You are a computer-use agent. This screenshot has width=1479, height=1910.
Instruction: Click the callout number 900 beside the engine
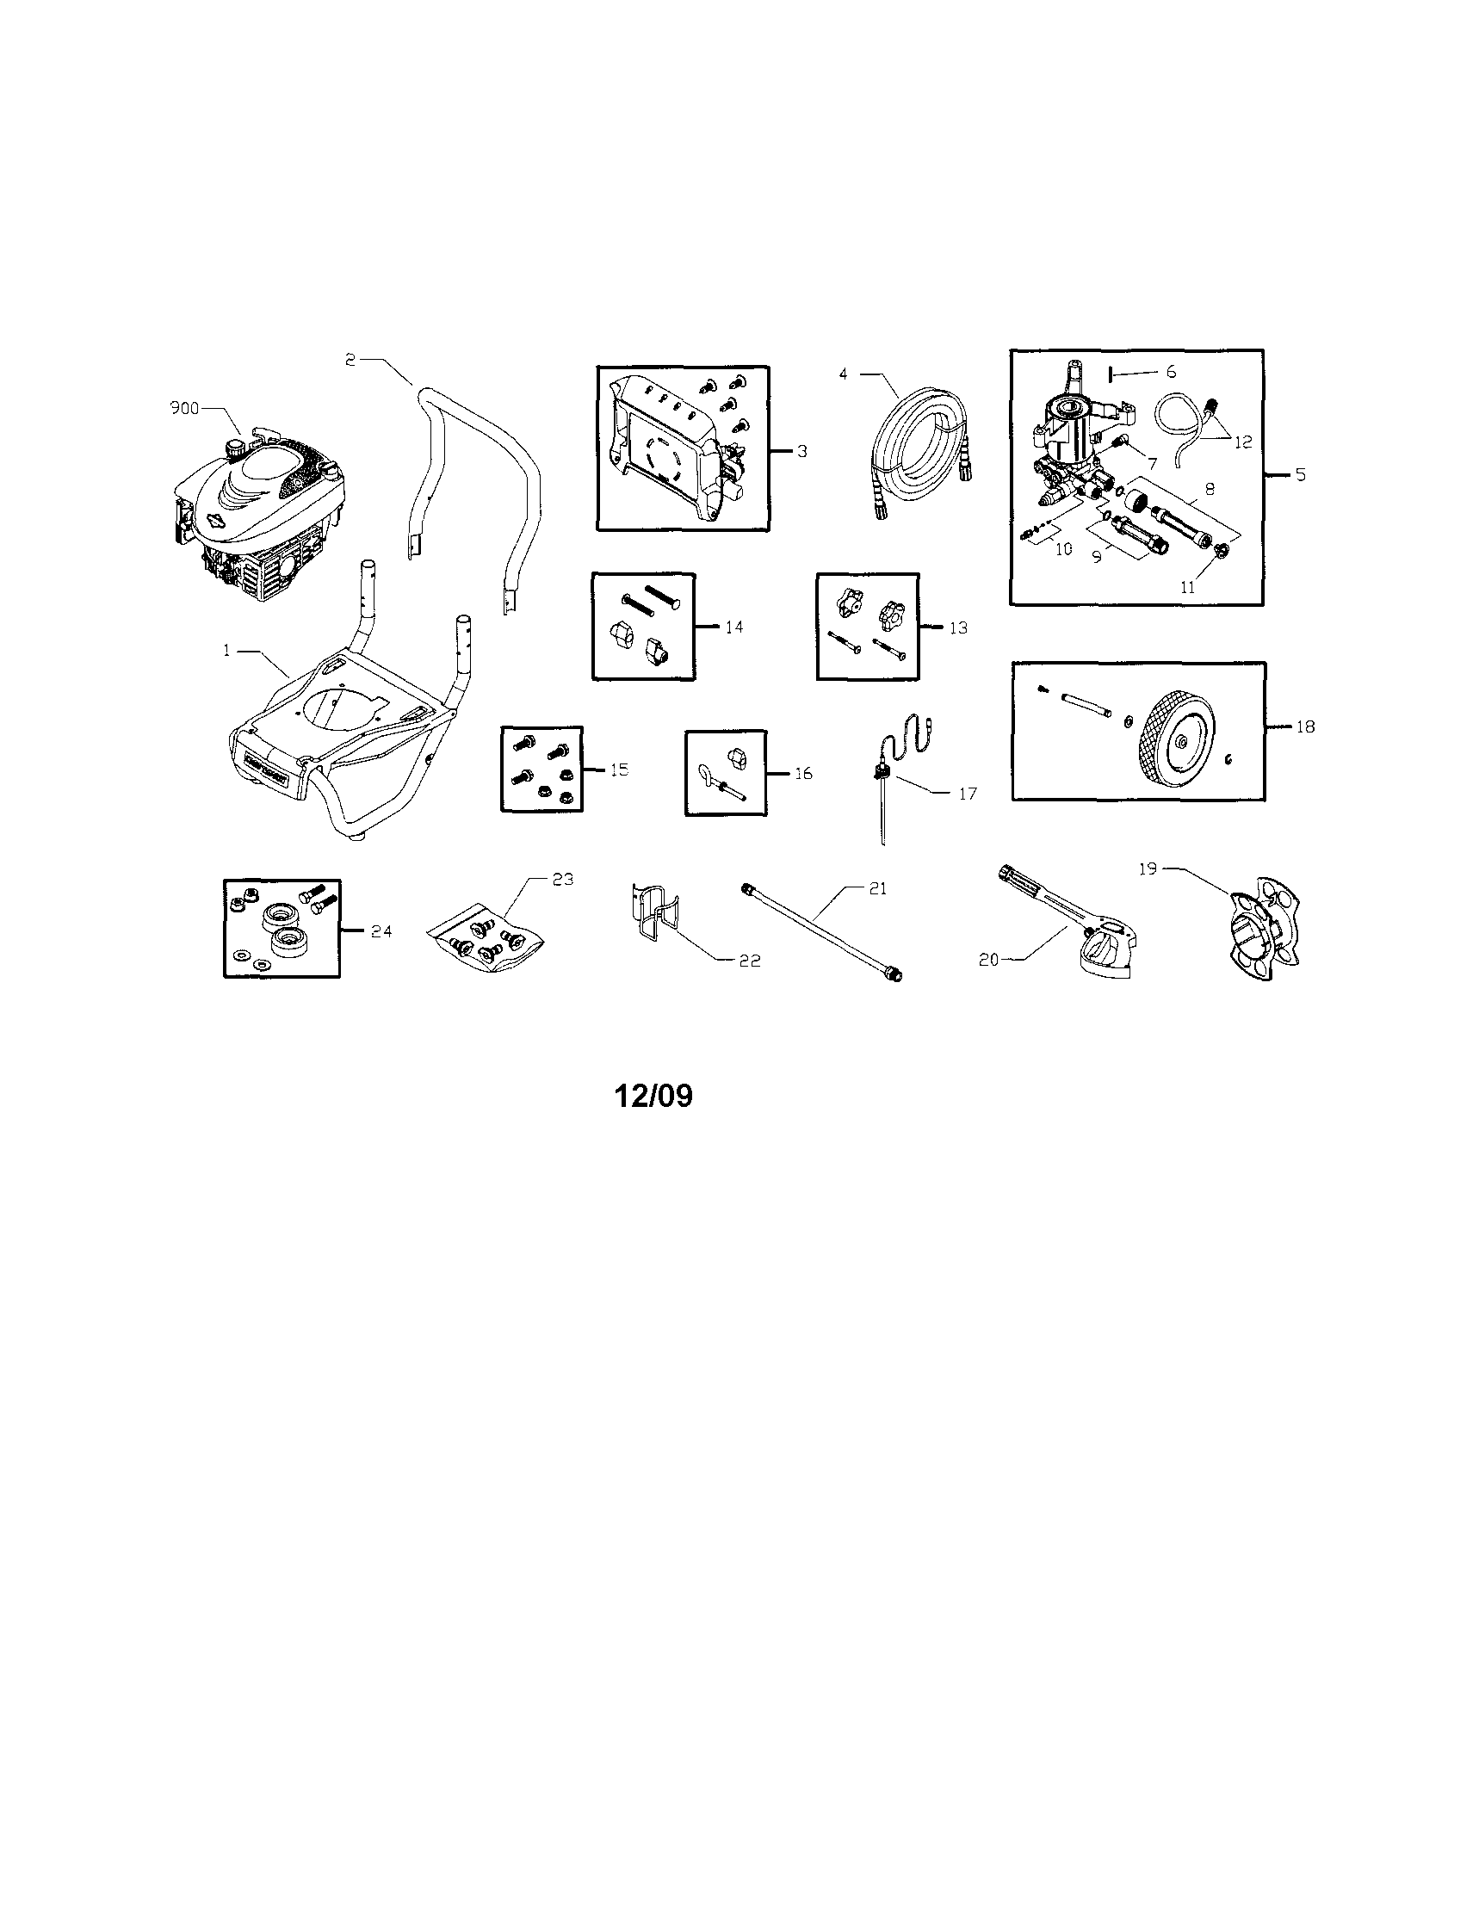point(183,408)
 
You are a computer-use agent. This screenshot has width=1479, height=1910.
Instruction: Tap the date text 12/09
point(653,1096)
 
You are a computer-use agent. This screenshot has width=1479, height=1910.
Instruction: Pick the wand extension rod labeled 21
point(823,932)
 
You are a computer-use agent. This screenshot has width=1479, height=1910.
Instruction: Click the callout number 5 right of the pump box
point(1301,475)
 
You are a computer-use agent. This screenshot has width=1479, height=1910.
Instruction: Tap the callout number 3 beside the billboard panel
point(801,451)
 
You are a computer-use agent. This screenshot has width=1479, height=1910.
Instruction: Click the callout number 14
point(734,626)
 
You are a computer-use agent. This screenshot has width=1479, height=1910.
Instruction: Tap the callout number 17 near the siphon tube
point(968,794)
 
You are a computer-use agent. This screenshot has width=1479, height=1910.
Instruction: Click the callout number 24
point(381,931)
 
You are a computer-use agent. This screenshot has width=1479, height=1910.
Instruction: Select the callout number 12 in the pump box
point(1244,442)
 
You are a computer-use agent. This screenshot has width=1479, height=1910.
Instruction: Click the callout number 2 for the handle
point(350,360)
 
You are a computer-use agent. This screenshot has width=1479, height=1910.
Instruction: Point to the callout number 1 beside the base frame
point(226,651)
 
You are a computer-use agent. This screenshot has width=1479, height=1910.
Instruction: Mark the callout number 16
point(803,773)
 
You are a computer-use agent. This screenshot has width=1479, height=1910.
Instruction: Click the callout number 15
point(619,770)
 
